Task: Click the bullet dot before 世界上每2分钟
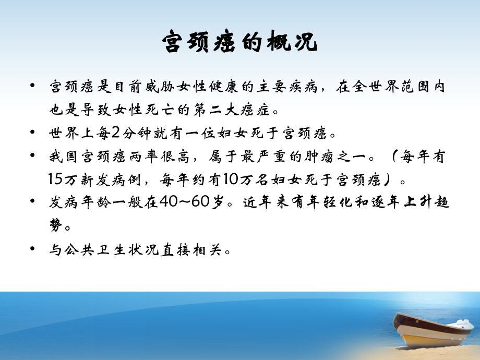34,133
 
